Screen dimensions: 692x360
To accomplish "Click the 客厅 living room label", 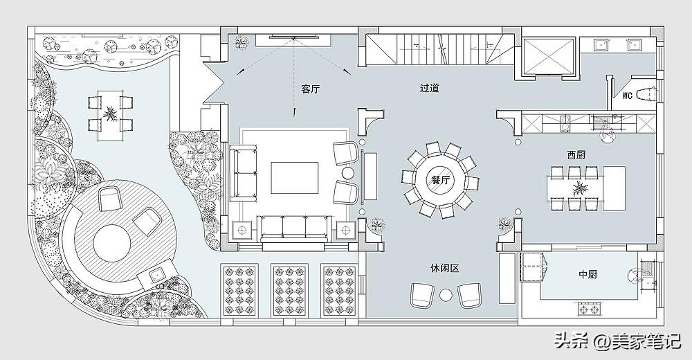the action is tap(310, 89).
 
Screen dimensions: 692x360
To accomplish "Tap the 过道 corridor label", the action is tap(430, 88).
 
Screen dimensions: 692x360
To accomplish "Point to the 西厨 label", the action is tap(576, 155).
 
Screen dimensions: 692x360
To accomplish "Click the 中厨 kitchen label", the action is tap(588, 274).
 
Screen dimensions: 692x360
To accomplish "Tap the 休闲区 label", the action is tap(445, 268).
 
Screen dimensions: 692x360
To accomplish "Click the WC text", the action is tap(628, 96).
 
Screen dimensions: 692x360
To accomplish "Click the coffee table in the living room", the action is tap(294, 178).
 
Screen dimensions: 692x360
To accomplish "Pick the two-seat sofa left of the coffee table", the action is tap(243, 172).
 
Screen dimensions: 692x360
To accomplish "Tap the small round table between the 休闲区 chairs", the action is tap(446, 295).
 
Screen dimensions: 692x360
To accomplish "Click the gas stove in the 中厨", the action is tap(590, 309).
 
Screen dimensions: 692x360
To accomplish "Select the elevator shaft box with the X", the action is tap(549, 55).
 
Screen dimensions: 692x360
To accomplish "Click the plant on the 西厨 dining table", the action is tap(579, 188).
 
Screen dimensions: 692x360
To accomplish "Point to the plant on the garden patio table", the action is tap(109, 114).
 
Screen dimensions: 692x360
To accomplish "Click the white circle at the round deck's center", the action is tap(112, 244).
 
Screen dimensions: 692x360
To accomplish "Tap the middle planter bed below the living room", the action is tap(290, 290).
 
